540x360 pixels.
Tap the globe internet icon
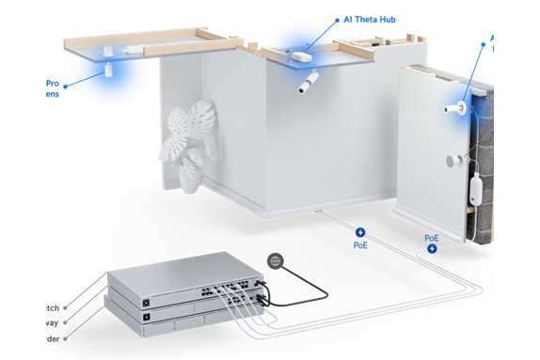[274, 260]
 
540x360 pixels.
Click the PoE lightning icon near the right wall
[433, 249]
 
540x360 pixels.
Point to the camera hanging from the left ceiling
[109, 69]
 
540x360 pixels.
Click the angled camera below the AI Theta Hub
[308, 87]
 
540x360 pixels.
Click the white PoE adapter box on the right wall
[477, 192]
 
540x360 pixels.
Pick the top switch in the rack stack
[179, 278]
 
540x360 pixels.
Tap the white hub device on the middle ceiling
[300, 55]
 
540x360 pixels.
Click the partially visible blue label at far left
[53, 88]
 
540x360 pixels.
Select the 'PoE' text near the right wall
[432, 238]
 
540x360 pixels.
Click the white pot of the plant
[190, 180]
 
